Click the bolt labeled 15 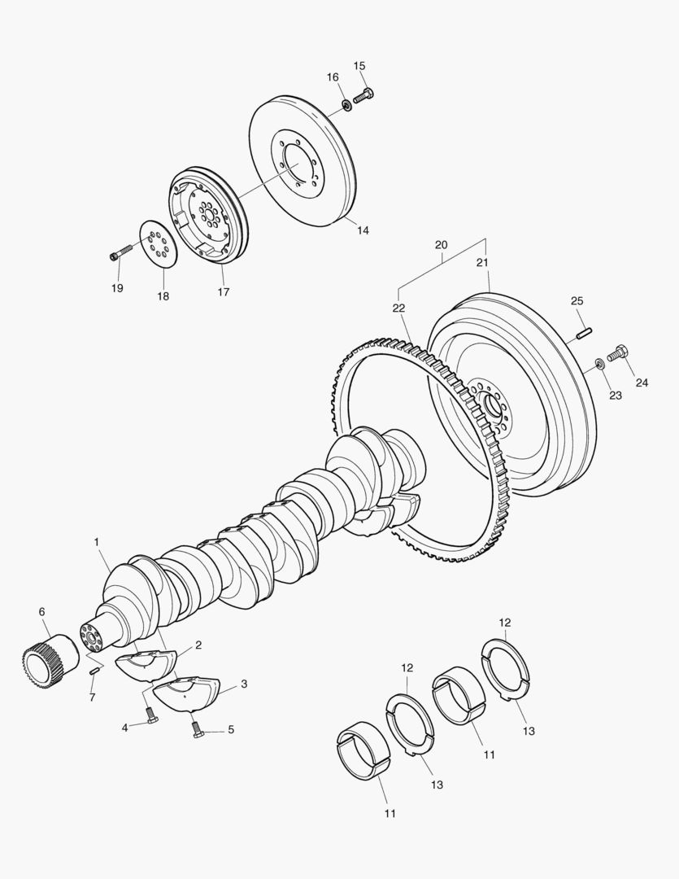[363, 97]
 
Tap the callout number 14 [362, 230]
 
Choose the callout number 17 [223, 291]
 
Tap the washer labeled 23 [599, 362]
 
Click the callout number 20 [441, 245]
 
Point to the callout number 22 [398, 308]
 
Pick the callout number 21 [481, 262]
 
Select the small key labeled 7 [95, 671]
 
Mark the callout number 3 [244, 684]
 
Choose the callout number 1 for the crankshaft [96, 541]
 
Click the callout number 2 [198, 645]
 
